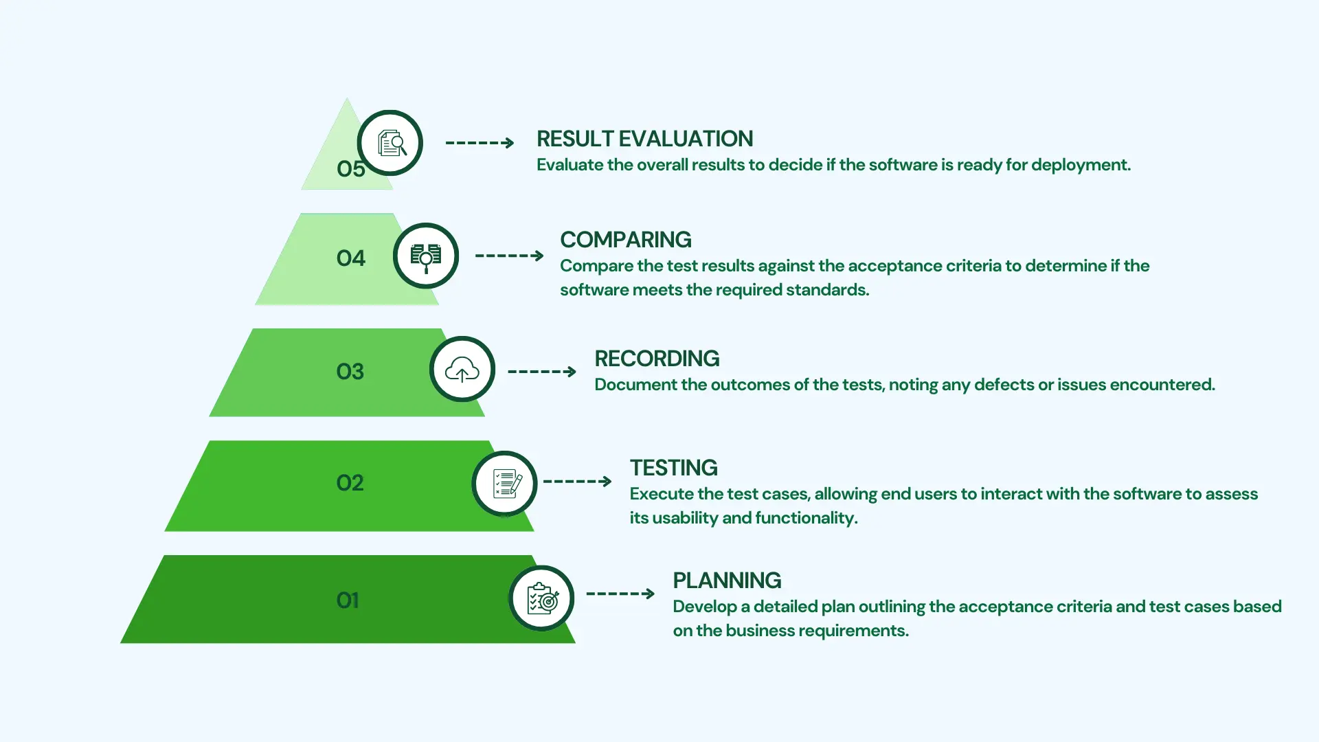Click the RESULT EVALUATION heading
(x=644, y=139)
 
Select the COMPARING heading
(x=626, y=240)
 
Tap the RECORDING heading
(x=657, y=359)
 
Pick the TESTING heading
(x=674, y=468)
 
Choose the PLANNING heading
(x=727, y=581)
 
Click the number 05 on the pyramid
(x=350, y=169)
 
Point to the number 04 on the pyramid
(x=350, y=258)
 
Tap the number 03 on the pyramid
(x=350, y=372)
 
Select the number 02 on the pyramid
(x=350, y=483)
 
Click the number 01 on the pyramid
(x=348, y=600)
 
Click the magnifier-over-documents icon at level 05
(x=392, y=144)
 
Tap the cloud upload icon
(x=462, y=370)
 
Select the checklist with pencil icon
(x=507, y=483)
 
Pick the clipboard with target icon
(x=543, y=598)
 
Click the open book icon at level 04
(x=426, y=257)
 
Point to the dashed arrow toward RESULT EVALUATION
(x=480, y=143)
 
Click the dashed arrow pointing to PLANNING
(x=620, y=594)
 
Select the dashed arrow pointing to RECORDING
(x=542, y=372)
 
